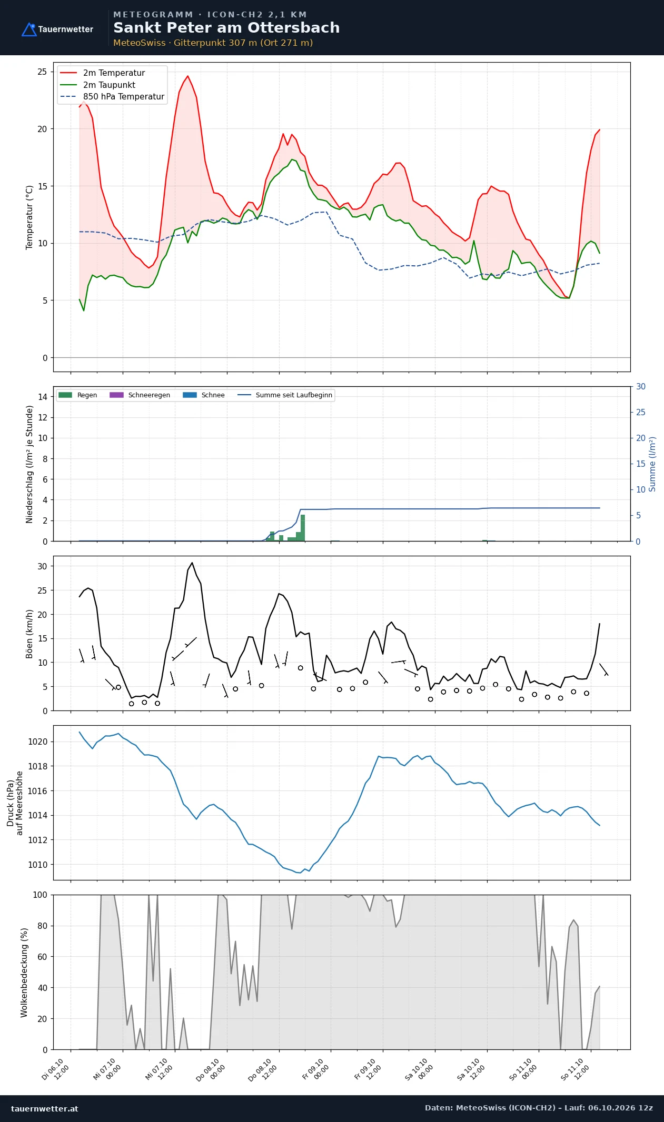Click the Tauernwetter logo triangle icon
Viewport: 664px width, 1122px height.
[x=29, y=29]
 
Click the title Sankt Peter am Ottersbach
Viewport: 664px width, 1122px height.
[x=226, y=28]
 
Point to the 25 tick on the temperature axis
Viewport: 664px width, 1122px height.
[x=42, y=72]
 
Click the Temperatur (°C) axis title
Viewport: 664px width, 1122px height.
[x=29, y=217]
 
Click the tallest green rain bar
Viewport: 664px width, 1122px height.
[x=303, y=528]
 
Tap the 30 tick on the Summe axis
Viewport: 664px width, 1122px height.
[x=641, y=386]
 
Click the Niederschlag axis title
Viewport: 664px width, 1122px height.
[x=29, y=464]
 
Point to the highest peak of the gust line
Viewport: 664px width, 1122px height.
[x=192, y=563]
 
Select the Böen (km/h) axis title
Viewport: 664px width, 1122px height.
[x=29, y=634]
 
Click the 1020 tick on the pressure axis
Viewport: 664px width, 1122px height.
[x=37, y=742]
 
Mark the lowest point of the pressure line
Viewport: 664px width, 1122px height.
[x=300, y=873]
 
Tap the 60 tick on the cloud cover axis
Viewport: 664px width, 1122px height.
[x=42, y=957]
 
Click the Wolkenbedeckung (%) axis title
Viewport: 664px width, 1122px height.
[x=24, y=973]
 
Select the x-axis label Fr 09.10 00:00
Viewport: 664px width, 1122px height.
[x=316, y=1069]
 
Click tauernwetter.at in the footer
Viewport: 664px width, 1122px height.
[x=44, y=1108]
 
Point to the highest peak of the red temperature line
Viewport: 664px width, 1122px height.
[x=187, y=76]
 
